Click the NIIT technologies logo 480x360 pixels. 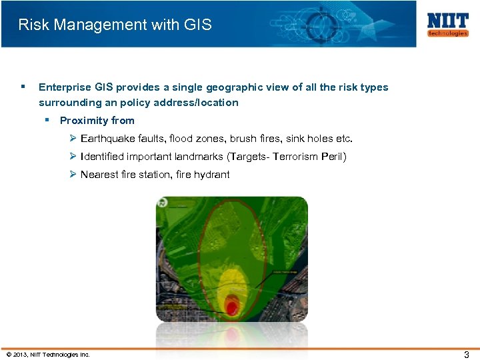pos(447,25)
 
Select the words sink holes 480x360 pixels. pos(310,139)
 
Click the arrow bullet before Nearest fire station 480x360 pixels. pos(73,175)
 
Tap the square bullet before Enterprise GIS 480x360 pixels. pos(23,87)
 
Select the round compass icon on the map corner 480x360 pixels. pos(162,203)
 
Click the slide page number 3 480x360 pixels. pos(467,355)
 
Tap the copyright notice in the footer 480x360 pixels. pos(47,355)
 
